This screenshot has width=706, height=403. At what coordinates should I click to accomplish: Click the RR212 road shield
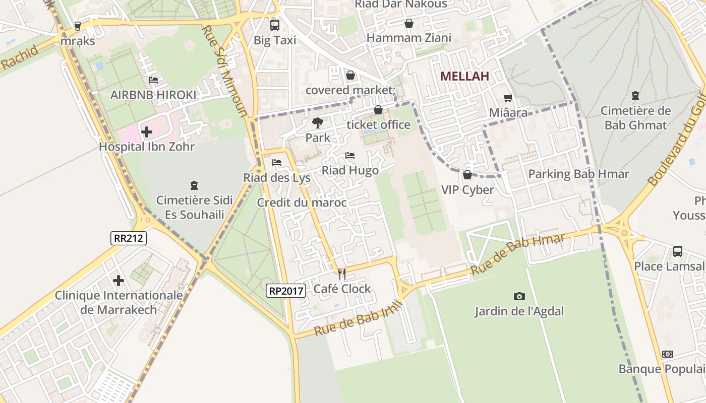tap(129, 238)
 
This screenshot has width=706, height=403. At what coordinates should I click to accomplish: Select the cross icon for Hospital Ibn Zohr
tap(147, 132)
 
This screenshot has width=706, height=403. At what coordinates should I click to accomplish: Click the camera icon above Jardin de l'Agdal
tap(519, 296)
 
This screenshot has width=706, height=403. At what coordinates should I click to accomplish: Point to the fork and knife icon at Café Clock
tap(342, 274)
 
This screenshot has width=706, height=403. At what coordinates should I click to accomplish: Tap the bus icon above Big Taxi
tap(275, 25)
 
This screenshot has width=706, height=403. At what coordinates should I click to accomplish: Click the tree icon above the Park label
tap(318, 122)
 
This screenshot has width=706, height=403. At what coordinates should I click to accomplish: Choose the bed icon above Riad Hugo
tap(350, 156)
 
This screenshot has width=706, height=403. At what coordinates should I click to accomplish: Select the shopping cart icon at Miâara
tap(508, 98)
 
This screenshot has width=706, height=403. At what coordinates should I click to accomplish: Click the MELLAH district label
tap(464, 77)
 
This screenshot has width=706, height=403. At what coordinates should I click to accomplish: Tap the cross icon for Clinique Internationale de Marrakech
tap(119, 280)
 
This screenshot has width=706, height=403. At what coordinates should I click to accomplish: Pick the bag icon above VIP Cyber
tap(467, 175)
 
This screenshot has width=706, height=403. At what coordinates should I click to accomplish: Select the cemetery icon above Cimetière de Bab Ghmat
tap(635, 96)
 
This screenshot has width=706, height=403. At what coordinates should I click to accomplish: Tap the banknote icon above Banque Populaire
tap(668, 354)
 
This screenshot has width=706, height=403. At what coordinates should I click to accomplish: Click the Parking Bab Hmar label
tap(578, 174)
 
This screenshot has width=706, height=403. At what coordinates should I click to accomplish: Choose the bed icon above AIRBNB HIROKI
tap(153, 80)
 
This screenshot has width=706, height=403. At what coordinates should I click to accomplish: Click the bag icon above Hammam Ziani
tap(409, 23)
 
